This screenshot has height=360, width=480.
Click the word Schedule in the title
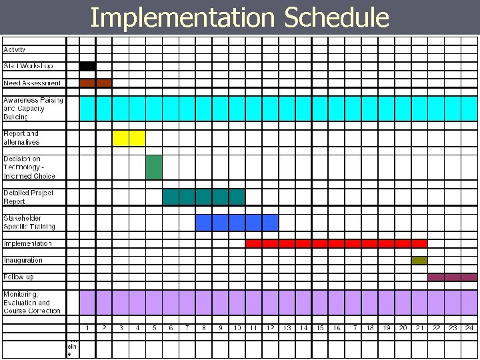point(336,18)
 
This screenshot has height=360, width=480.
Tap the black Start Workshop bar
point(87,66)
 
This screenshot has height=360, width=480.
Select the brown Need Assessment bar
point(95,83)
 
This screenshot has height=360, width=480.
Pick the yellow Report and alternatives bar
point(129,138)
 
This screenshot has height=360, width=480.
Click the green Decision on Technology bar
point(154,167)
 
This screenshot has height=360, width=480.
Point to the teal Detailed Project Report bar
point(203,197)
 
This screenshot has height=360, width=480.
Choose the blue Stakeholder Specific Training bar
point(237,222)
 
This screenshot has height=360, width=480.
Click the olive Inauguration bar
point(419,260)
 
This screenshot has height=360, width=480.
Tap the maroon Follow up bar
point(453,277)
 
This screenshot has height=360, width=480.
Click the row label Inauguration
point(23,260)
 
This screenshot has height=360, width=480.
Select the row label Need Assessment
point(32,83)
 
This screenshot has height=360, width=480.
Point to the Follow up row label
point(18,277)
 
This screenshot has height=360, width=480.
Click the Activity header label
point(15,49)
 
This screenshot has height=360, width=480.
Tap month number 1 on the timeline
point(88,328)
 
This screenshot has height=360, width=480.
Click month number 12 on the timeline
point(271,328)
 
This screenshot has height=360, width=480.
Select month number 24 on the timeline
point(469,328)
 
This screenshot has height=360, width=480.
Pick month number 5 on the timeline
point(154,328)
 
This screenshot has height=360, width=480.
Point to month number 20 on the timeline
point(403,328)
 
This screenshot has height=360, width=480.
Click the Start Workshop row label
point(28,66)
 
